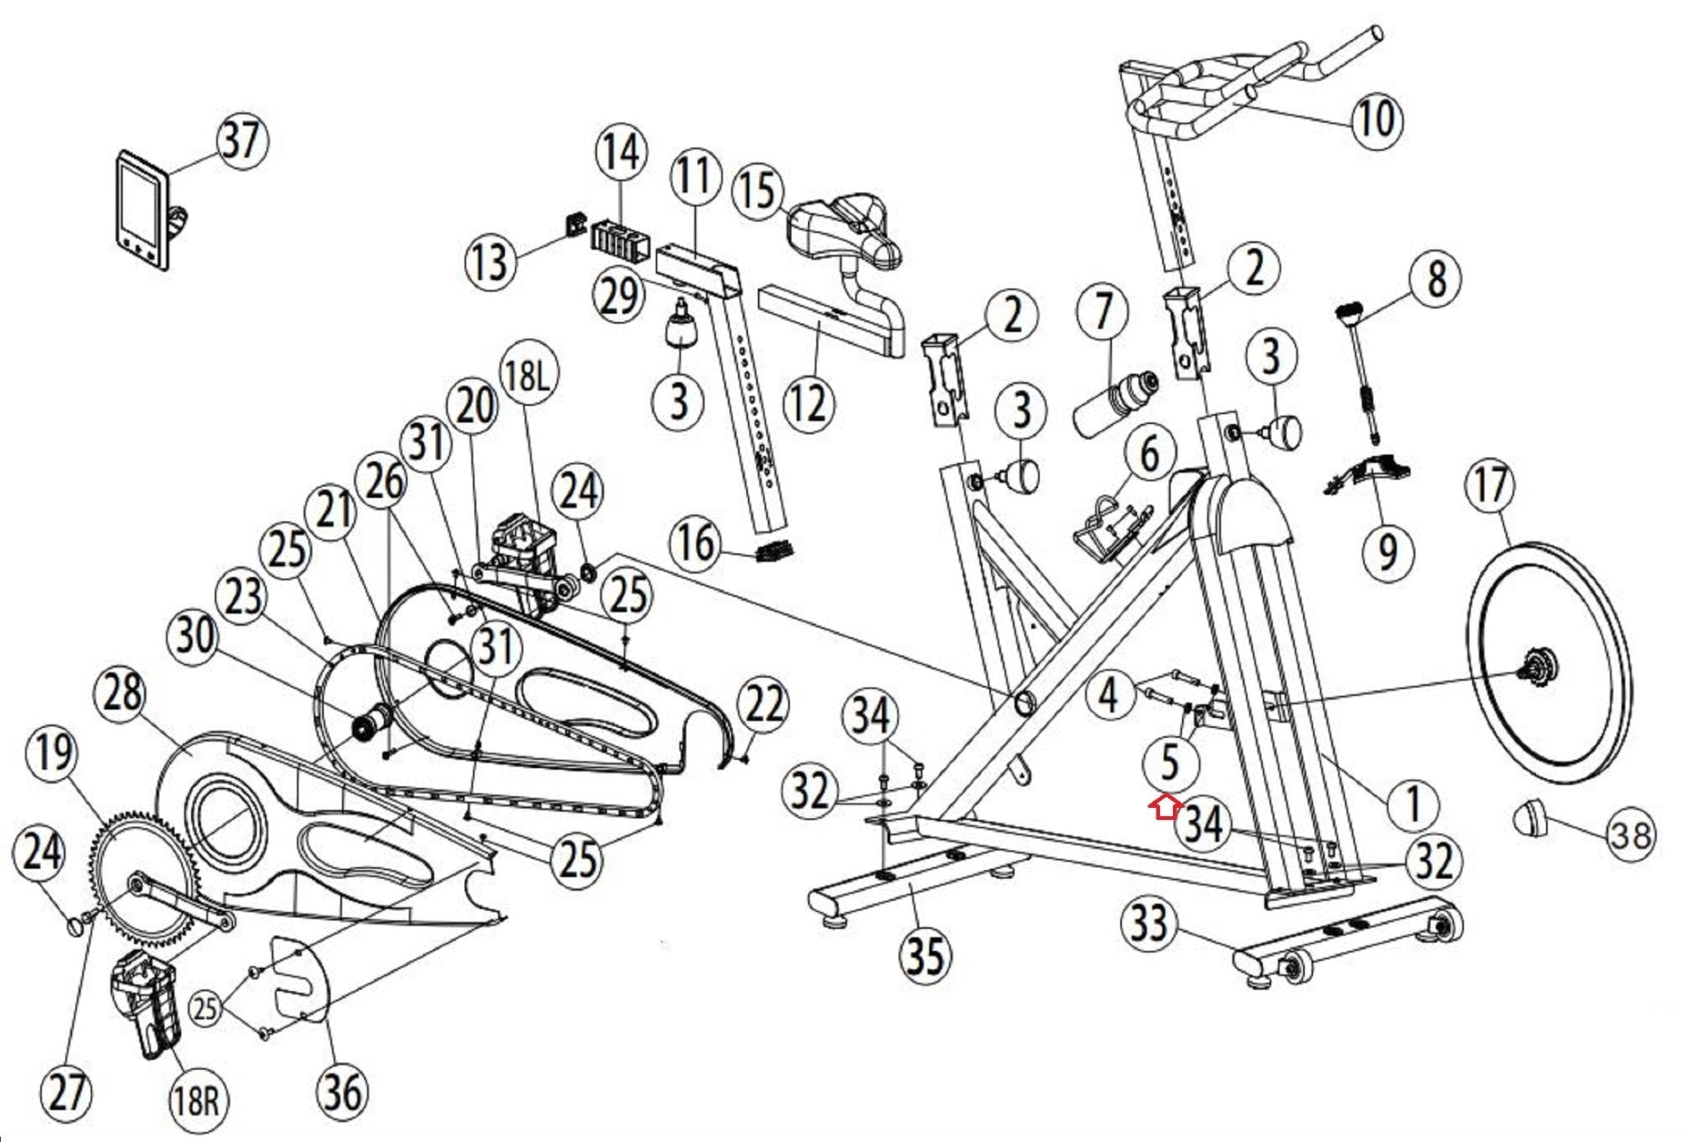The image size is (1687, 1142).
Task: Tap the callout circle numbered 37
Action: click(241, 141)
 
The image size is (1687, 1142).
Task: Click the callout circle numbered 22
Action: click(763, 705)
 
